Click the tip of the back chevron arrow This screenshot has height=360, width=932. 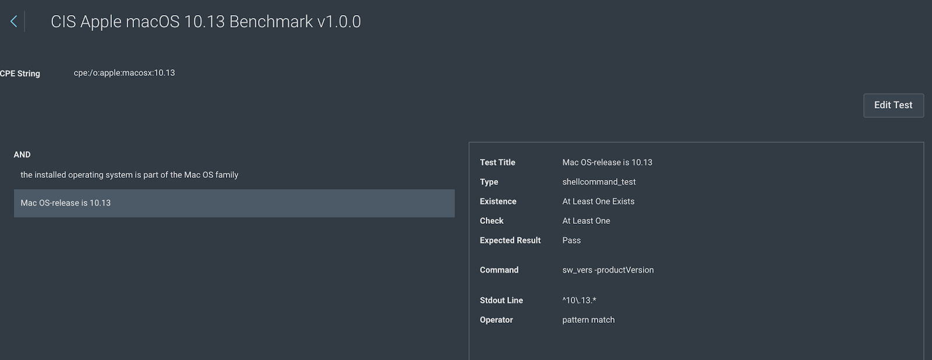point(10,21)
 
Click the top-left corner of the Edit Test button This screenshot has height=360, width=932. point(863,94)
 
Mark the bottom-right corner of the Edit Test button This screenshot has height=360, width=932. point(924,117)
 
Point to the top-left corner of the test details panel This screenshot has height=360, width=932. point(469,142)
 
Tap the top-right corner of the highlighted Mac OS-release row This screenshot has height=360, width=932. point(455,190)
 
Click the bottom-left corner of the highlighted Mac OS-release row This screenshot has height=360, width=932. point(14,217)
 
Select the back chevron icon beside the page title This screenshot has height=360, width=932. point(14,21)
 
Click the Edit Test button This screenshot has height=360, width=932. point(894,105)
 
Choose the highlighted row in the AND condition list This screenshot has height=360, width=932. point(234,203)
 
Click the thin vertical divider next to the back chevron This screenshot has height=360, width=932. point(24,22)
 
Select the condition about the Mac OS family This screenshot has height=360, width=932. point(129,175)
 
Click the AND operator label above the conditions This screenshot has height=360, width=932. point(22,155)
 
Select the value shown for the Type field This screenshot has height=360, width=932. point(599,182)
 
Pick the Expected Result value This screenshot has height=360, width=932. point(571,240)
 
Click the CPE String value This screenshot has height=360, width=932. point(125,73)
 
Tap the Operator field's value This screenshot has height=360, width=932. point(588,320)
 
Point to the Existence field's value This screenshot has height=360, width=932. point(598,202)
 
